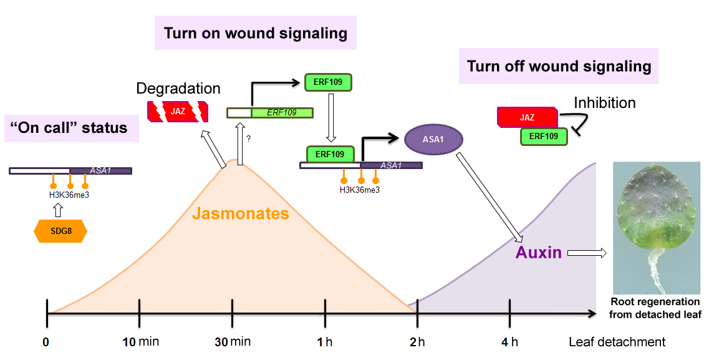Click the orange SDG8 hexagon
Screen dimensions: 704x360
60,231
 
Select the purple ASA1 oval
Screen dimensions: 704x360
433,139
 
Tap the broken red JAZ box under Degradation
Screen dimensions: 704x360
178,112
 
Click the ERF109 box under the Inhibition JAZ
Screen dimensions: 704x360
544,136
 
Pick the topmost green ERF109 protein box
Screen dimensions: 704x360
328,82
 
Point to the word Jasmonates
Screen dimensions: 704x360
241,213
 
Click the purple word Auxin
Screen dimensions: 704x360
539,252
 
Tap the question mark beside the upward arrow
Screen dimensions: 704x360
248,139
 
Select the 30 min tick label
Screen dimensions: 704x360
233,342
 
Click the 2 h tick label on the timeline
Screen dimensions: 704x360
417,342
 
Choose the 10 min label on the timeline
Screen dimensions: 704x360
141,342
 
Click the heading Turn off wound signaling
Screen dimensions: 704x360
559,67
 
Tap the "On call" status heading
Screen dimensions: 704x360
69,127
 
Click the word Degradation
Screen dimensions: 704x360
178,89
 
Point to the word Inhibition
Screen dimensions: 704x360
605,103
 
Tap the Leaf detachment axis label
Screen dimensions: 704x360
617,342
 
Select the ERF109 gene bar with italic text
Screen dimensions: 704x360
270,113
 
